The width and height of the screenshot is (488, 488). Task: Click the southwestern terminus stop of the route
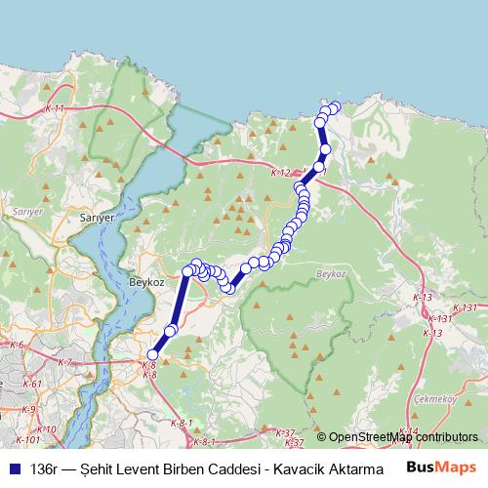click(152, 355)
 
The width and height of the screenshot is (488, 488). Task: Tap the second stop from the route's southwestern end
click(170, 332)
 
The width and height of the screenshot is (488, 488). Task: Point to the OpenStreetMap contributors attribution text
click(402, 437)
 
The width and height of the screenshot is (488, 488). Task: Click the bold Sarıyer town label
click(99, 220)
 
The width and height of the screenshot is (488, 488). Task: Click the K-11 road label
click(56, 110)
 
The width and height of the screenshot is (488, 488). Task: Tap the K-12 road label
click(281, 172)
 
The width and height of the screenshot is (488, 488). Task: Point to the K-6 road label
click(17, 346)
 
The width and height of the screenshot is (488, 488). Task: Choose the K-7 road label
click(64, 362)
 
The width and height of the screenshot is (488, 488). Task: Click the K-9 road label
click(29, 409)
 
